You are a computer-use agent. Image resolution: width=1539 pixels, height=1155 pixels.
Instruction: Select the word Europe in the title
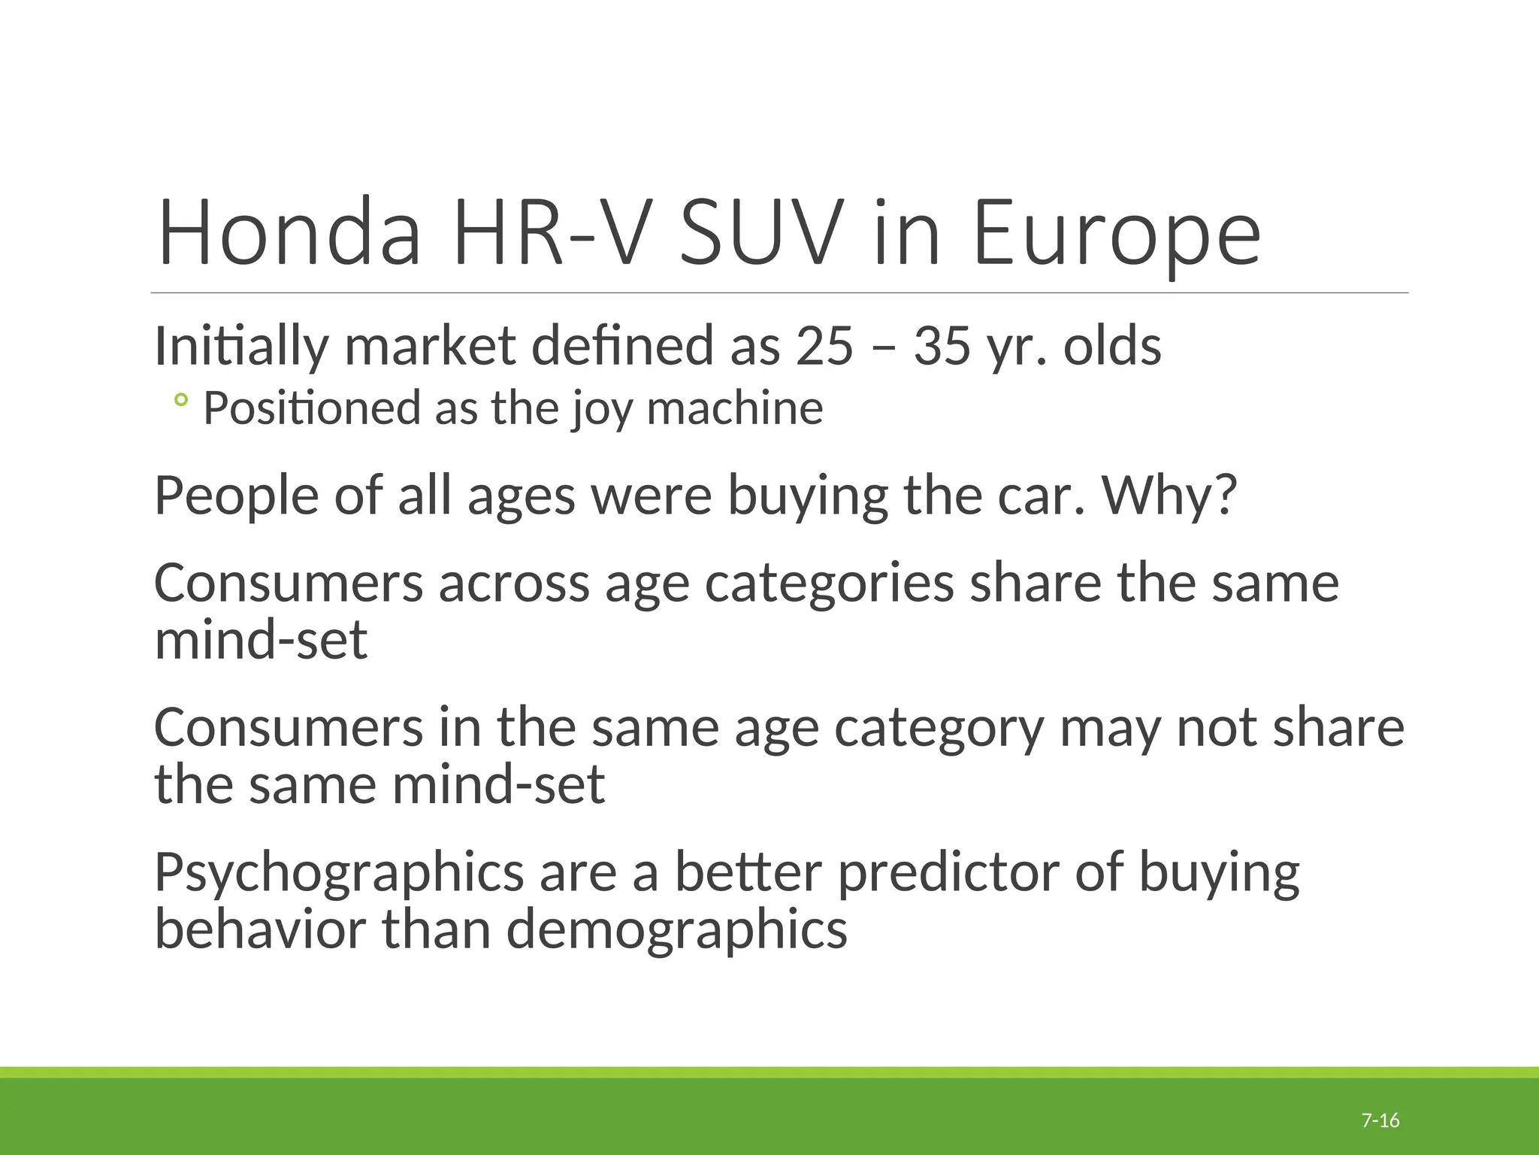[x=1117, y=235]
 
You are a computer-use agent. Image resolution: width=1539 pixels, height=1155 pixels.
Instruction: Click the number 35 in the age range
[x=942, y=347]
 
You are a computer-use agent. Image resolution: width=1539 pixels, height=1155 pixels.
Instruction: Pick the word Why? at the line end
[x=1169, y=496]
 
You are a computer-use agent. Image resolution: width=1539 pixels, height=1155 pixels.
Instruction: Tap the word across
[x=514, y=584]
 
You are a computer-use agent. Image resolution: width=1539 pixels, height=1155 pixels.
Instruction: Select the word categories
[x=829, y=585]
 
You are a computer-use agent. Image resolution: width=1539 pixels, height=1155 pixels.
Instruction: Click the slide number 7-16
[x=1380, y=1121]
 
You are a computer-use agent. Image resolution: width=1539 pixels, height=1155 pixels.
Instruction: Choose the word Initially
[x=241, y=347]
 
